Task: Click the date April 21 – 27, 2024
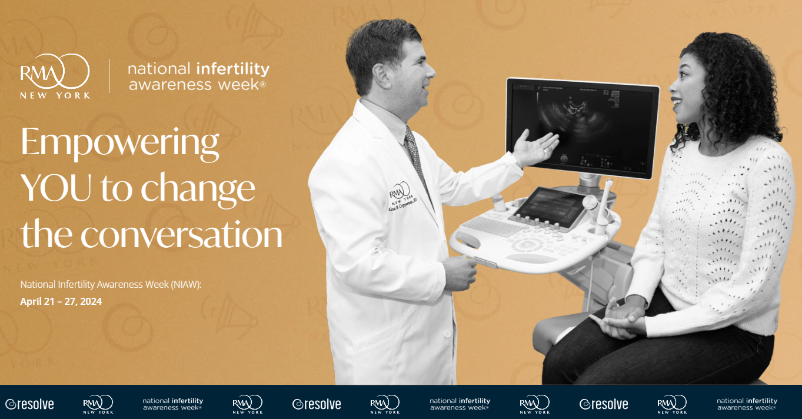pyautogui.click(x=61, y=301)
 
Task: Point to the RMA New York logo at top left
pyautogui.click(x=55, y=76)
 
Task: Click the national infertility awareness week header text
pyautogui.click(x=198, y=77)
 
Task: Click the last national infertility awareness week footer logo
pyautogui.click(x=747, y=404)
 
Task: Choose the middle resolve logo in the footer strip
pyautogui.click(x=317, y=404)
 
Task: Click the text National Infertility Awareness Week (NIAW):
pyautogui.click(x=111, y=284)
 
